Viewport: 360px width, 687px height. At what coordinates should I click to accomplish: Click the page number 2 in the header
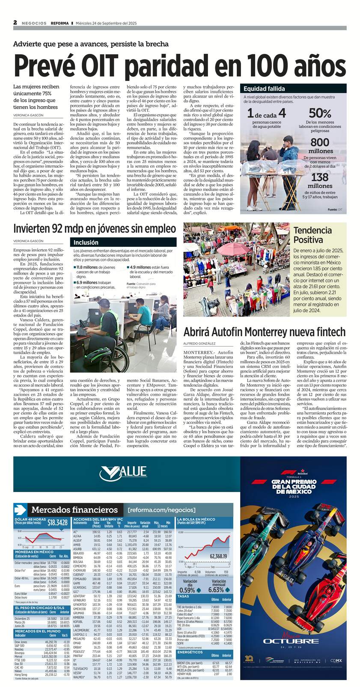15,23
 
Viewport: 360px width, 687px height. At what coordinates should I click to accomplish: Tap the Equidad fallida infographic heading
264,89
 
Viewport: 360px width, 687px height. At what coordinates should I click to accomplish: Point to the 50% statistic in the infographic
320,113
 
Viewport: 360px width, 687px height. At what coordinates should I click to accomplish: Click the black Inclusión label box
86,242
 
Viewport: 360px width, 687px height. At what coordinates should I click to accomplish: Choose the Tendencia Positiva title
312,235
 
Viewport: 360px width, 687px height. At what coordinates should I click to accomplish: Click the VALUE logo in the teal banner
123,472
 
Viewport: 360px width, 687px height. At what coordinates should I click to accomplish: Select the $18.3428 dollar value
57,522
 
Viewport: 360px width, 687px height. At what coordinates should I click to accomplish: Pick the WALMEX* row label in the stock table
79,677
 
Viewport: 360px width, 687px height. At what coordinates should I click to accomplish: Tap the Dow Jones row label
21,642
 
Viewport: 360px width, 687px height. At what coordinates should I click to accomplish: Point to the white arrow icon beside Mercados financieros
20,509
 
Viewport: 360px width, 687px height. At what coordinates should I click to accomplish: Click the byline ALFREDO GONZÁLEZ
199,343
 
